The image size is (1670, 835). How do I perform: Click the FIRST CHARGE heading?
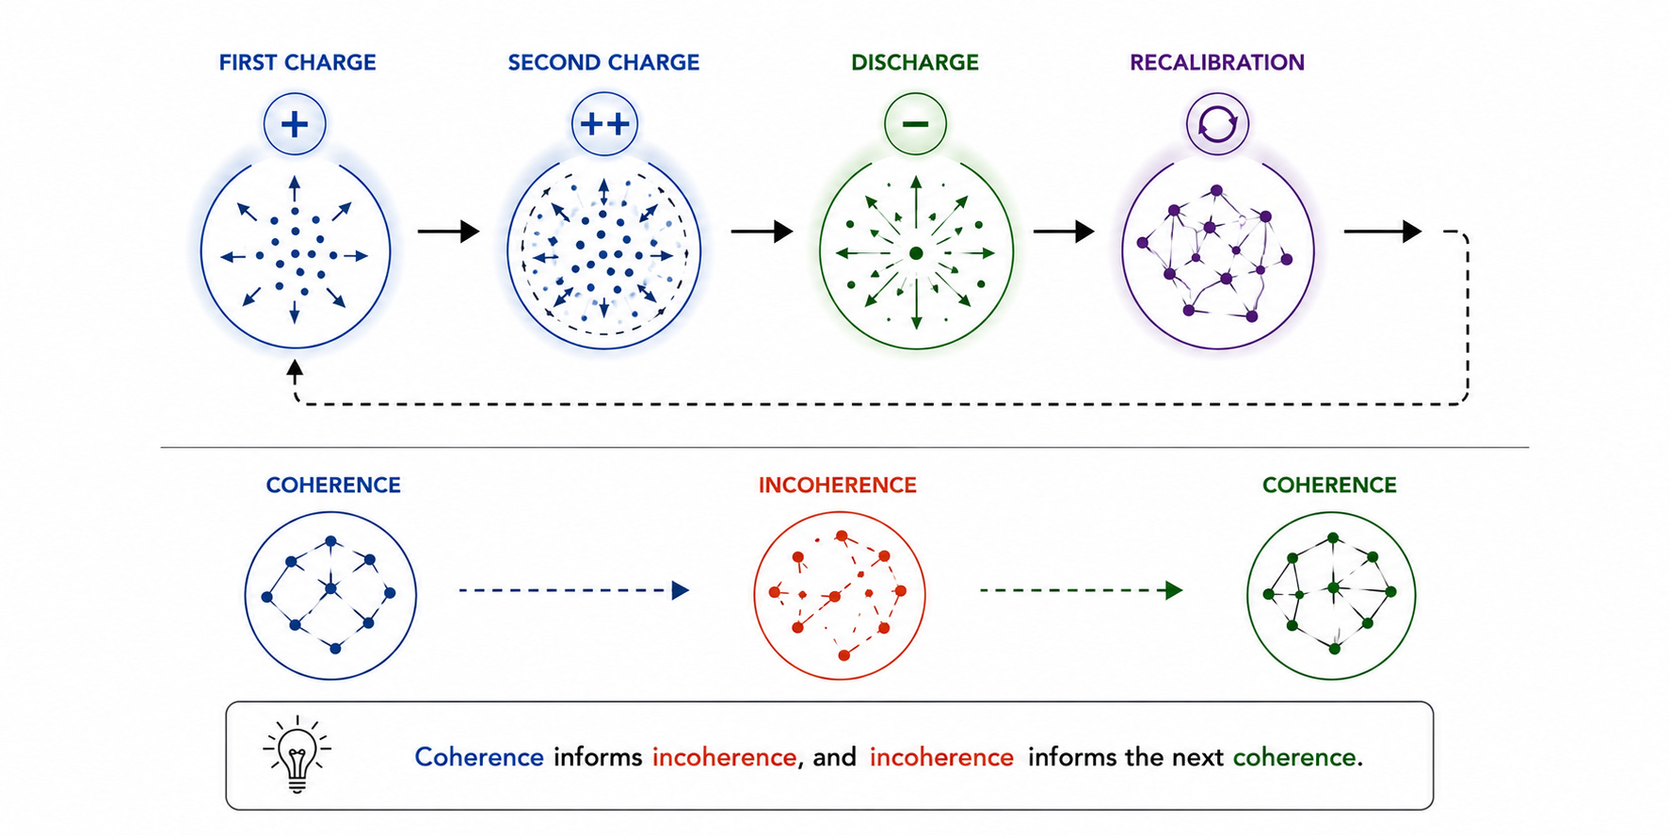[297, 63]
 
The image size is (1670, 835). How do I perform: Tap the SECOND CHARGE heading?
[603, 63]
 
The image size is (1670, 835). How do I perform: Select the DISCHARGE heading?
[915, 63]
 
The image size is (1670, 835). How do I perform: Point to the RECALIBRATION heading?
[1217, 63]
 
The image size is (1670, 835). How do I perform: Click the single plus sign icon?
[295, 123]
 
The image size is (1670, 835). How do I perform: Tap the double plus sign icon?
[604, 123]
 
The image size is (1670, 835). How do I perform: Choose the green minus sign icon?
[915, 123]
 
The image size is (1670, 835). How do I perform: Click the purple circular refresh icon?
[1217, 123]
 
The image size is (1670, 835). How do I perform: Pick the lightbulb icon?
[297, 754]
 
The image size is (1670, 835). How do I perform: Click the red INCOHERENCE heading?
[838, 485]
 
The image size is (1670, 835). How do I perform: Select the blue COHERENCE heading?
[333, 485]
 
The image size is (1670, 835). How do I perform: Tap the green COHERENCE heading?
[1329, 485]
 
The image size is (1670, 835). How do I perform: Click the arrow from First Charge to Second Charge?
[449, 231]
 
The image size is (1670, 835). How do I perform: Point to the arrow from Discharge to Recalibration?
[1064, 231]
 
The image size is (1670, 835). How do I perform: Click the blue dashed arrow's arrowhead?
[681, 590]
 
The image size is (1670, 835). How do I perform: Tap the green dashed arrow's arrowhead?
[1174, 590]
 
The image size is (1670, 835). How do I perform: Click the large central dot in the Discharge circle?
[916, 253]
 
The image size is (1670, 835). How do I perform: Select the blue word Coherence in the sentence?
[479, 757]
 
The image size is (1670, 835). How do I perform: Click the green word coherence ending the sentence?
[1294, 757]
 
